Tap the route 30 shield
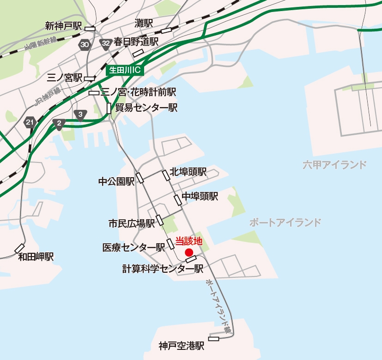[x=85, y=44]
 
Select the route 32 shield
[x=106, y=44]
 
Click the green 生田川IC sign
[x=125, y=71]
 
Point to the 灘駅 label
[x=144, y=23]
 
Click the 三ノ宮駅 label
[x=65, y=77]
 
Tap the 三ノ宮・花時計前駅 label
[x=138, y=92]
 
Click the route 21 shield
[x=30, y=122]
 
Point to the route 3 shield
[x=81, y=114]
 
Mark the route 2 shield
[x=59, y=123]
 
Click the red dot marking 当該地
[x=188, y=252]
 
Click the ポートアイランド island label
[x=285, y=223]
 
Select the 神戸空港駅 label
[x=181, y=345]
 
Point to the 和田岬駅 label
[x=36, y=257]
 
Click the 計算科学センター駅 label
[x=163, y=268]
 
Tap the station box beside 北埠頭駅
[x=166, y=175]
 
